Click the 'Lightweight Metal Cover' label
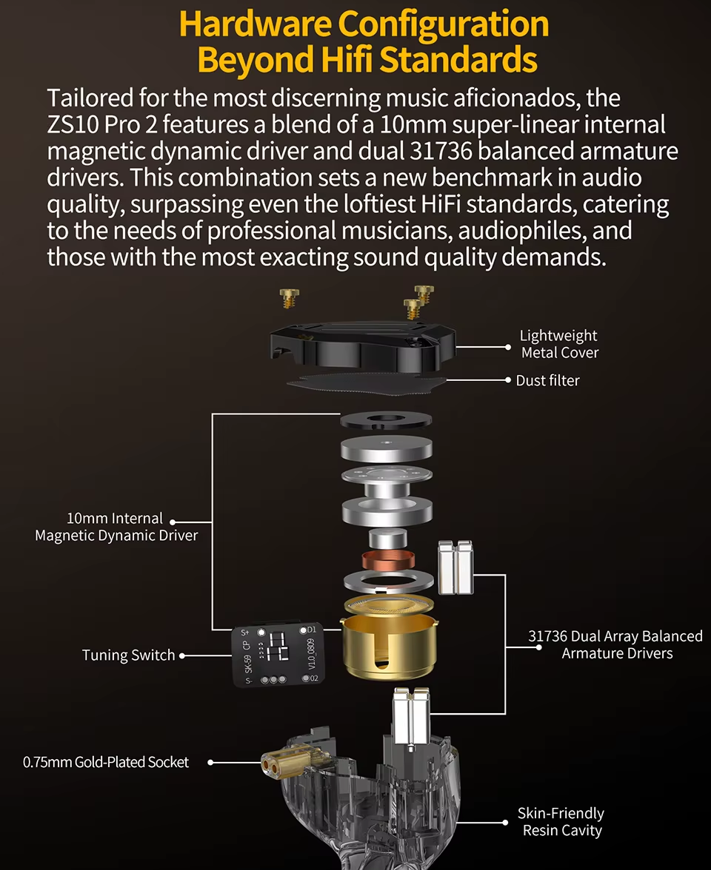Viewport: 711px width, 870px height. pyautogui.click(x=559, y=344)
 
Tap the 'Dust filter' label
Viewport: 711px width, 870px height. pyautogui.click(x=547, y=380)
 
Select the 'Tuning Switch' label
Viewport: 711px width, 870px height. pyautogui.click(x=129, y=655)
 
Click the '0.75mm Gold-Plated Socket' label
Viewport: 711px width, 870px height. pyautogui.click(x=106, y=762)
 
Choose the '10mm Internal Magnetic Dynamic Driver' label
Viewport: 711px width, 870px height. pyautogui.click(x=116, y=527)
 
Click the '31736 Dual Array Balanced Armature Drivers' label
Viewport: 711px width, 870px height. pyautogui.click(x=615, y=644)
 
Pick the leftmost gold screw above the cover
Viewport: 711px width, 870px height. pyautogui.click(x=286, y=297)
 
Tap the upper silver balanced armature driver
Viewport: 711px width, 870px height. pyautogui.click(x=455, y=567)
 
